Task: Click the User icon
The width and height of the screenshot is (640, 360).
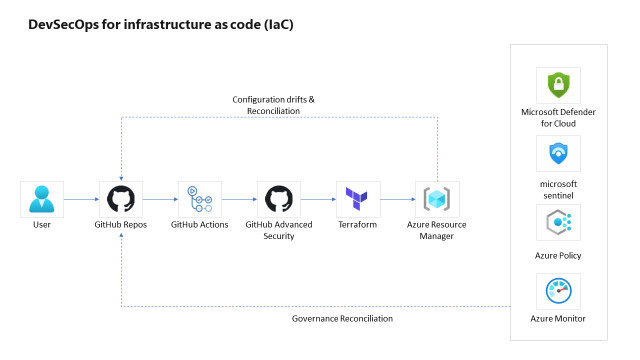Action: [42, 199]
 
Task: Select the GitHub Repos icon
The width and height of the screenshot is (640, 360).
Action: [121, 199]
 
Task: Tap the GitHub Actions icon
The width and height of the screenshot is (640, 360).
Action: [200, 199]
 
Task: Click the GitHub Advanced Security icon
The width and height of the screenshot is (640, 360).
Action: [279, 199]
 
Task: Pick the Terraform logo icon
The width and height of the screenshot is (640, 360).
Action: [358, 199]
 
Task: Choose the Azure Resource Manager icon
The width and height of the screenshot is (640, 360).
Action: [437, 199]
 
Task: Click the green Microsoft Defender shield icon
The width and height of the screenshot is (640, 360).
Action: [558, 85]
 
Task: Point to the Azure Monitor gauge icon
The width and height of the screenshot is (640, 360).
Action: [558, 291]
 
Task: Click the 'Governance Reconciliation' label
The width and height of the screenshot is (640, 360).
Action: [342, 318]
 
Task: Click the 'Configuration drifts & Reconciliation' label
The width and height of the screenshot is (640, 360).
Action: [273, 105]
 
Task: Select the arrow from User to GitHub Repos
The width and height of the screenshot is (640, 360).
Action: [81, 200]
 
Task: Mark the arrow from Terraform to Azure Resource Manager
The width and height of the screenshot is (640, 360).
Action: [397, 200]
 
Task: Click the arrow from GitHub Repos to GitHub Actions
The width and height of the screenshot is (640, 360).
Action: [160, 200]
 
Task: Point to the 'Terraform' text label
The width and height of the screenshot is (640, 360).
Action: [358, 225]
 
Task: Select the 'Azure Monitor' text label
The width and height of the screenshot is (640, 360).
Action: [558, 318]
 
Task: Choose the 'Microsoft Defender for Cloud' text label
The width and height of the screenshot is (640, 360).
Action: [558, 117]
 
